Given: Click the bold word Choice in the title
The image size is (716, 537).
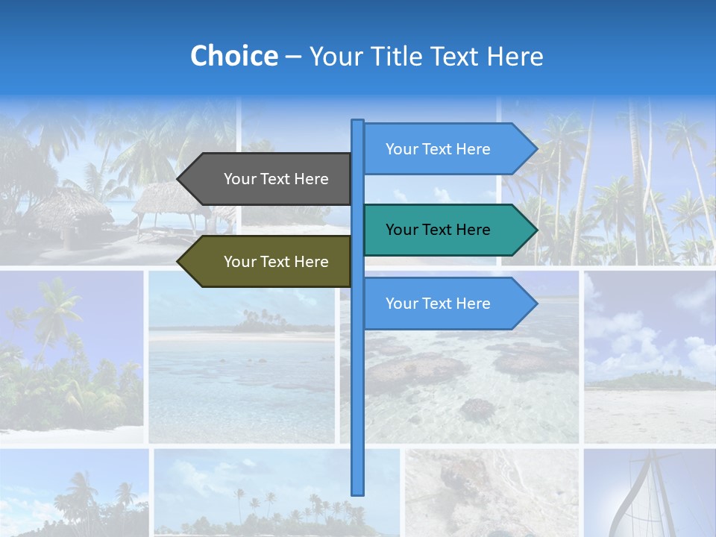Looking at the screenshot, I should [x=233, y=57].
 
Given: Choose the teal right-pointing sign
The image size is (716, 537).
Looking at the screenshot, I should [x=444, y=230].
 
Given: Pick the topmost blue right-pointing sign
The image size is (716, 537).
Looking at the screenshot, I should [x=444, y=149].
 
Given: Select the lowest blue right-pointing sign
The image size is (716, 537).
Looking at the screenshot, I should [x=444, y=304].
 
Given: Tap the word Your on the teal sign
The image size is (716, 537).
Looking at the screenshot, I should [x=401, y=230].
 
